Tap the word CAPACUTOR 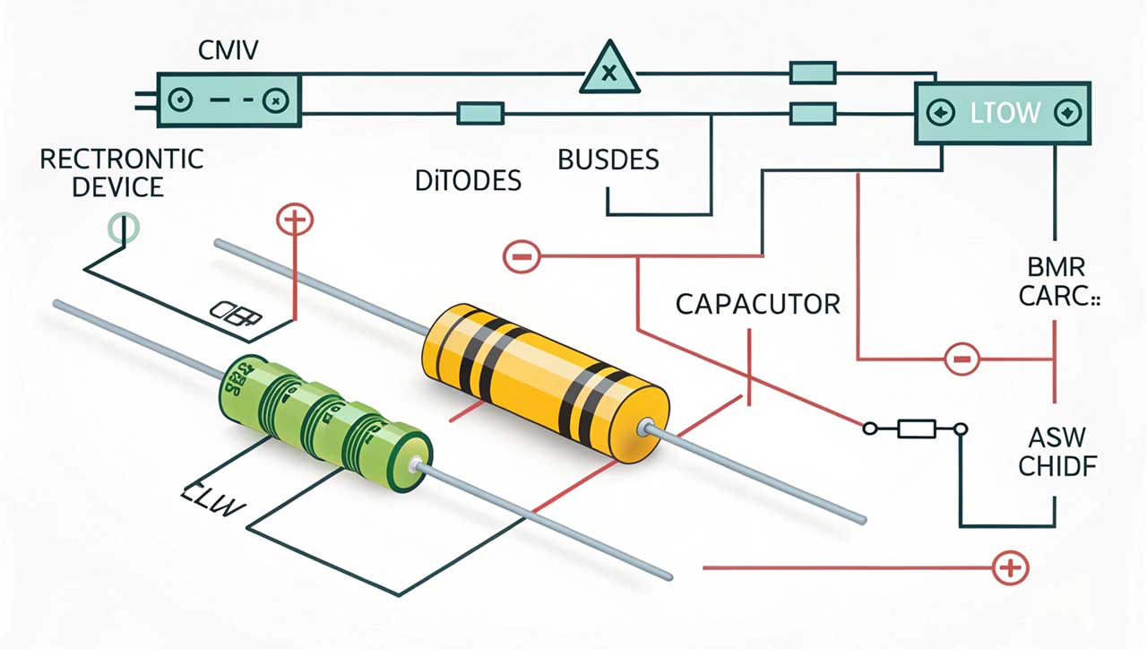pyautogui.click(x=757, y=304)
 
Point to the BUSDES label pyautogui.click(x=608, y=160)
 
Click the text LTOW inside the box pyautogui.click(x=1005, y=113)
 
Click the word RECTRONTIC pyautogui.click(x=122, y=160)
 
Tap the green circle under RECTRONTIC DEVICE pyautogui.click(x=124, y=228)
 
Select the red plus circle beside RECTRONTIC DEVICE pyautogui.click(x=295, y=219)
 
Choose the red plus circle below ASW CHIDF pyautogui.click(x=1010, y=567)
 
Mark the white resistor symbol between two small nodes pyautogui.click(x=915, y=429)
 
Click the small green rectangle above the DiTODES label pyautogui.click(x=480, y=113)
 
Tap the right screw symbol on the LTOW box pyautogui.click(x=1066, y=113)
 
